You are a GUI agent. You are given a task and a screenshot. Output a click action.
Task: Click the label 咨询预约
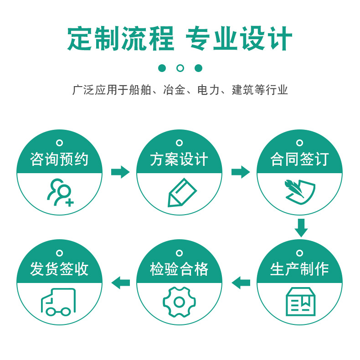pos(59,159)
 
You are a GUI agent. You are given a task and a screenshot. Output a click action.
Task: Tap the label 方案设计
pos(179,159)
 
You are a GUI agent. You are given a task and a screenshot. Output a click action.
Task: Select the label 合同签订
pos(299,159)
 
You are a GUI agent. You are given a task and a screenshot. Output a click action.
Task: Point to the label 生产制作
pos(299,269)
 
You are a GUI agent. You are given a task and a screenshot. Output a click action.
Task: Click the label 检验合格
pos(179,269)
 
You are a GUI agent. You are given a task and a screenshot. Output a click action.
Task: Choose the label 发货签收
pos(59,269)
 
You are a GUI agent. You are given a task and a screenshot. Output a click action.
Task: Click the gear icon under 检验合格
pos(179,302)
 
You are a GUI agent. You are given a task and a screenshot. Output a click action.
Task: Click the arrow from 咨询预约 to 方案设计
pos(120,172)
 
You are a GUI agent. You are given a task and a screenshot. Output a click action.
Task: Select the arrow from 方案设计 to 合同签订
pos(241,172)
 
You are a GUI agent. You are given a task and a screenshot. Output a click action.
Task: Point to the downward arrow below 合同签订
pos(301,228)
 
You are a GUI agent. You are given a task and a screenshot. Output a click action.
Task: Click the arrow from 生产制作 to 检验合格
pos(241,283)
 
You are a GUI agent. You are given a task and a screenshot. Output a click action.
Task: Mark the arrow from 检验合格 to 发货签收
pos(120,283)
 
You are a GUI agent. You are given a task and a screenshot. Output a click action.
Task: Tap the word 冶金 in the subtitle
pos(174,90)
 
